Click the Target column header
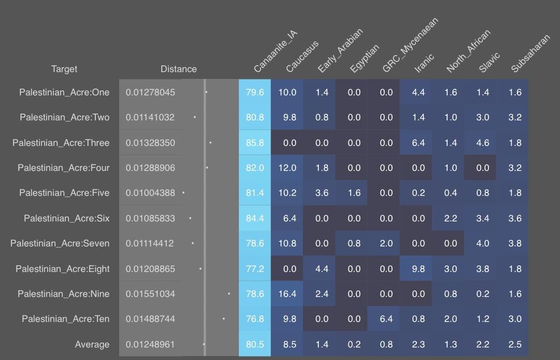point(64,69)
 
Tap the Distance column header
point(179,69)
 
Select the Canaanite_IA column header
point(275,52)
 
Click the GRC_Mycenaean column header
point(410,45)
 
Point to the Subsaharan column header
point(530,53)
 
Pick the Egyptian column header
point(364,58)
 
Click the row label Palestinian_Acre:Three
point(61,143)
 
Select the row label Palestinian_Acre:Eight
point(62,269)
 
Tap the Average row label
point(92,344)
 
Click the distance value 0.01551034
point(150,294)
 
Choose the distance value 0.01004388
point(150,192)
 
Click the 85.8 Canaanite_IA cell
point(255,143)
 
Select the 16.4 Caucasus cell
point(287,294)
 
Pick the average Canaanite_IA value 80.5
point(255,344)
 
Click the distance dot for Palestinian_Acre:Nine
point(229,294)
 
